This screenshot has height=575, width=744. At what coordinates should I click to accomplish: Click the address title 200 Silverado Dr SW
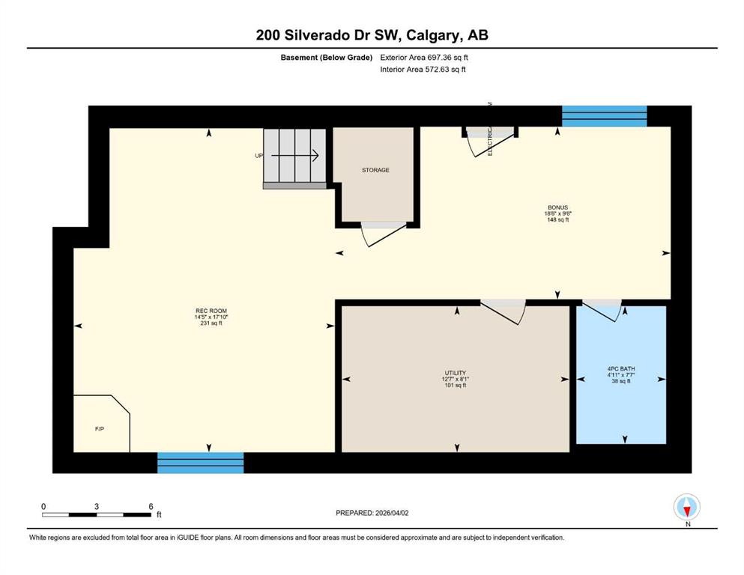[x=372, y=34]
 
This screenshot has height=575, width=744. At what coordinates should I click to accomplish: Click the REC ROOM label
[x=211, y=311]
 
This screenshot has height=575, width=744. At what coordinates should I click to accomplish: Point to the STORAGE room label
[x=375, y=170]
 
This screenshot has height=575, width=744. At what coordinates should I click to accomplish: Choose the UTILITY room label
[x=455, y=373]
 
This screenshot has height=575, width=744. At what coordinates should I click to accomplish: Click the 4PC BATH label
[x=620, y=368]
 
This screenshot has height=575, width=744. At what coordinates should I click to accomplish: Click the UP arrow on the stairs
[x=294, y=156]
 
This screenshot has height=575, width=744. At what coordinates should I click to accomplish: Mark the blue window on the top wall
[x=604, y=116]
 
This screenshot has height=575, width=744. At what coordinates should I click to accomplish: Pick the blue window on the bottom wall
[x=200, y=462]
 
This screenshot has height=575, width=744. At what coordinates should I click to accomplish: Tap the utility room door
[x=503, y=311]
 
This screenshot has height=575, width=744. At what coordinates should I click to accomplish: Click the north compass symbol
[x=687, y=508]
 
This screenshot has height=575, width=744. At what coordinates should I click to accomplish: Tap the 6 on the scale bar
[x=151, y=506]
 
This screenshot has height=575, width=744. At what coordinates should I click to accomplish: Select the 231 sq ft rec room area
[x=211, y=323]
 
